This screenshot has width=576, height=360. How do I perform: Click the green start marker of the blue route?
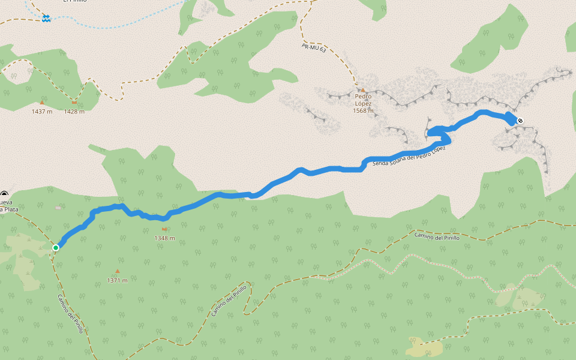click(56, 247)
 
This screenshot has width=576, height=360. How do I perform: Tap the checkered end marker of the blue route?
click(520, 121)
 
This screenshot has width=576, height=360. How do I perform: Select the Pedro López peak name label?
click(363, 100)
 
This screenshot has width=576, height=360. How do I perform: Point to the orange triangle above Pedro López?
click(363, 90)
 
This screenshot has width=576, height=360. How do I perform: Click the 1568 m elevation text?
click(363, 110)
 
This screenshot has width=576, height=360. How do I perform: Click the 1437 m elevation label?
click(42, 112)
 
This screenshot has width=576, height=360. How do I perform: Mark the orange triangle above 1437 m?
click(42, 103)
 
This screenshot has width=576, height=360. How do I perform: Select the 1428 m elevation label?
click(74, 112)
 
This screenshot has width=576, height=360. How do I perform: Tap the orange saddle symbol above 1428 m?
click(74, 102)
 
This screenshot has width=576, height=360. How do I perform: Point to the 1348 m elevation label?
click(164, 238)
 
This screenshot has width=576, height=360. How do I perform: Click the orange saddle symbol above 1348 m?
click(164, 229)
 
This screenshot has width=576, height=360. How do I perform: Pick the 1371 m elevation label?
click(117, 280)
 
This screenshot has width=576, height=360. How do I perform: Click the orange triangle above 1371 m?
click(118, 271)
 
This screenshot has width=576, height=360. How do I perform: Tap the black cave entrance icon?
click(4, 194)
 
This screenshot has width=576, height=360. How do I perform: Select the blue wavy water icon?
click(46, 19)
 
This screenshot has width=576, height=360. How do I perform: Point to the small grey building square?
click(58, 208)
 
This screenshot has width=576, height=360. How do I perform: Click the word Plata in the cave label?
click(8, 209)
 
